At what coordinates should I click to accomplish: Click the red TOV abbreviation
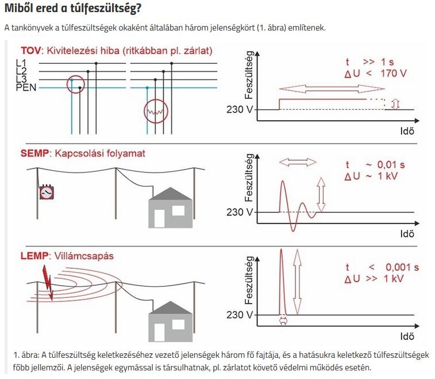[x=31, y=51]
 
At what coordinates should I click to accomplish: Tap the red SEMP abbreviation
[x=34, y=153]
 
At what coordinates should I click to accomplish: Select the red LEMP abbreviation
[x=34, y=256]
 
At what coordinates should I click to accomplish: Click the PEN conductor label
[x=26, y=87]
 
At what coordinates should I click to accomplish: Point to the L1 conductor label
[x=21, y=63]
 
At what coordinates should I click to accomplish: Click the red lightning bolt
[x=48, y=282]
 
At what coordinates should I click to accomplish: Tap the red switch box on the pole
[x=47, y=192]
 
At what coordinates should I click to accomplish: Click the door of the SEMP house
[x=160, y=219]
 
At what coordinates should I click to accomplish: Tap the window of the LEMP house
[x=178, y=324]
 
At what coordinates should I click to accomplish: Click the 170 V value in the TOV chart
[x=394, y=73]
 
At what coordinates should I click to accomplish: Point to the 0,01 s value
[x=391, y=164]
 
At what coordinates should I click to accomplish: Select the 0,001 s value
[x=402, y=267]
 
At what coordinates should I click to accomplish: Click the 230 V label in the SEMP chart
[x=240, y=212]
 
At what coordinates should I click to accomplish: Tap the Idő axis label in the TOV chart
[x=407, y=131]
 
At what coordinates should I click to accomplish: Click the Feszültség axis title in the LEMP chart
[x=249, y=280]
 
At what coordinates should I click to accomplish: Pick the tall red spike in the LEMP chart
[x=282, y=282]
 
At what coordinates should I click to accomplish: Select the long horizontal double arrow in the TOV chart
[x=332, y=89]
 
